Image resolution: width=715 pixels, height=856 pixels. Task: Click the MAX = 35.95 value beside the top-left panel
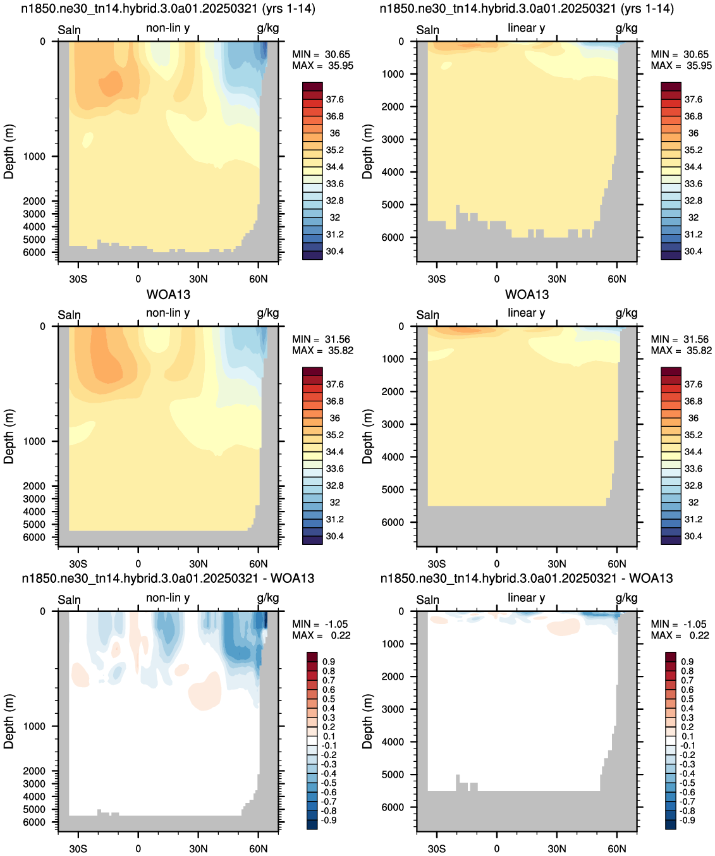click(x=322, y=66)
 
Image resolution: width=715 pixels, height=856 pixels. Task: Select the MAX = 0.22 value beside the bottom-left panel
click(x=321, y=635)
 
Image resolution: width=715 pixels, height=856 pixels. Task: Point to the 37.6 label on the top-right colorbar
click(x=694, y=99)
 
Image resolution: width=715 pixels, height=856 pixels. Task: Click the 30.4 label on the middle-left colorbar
click(x=334, y=536)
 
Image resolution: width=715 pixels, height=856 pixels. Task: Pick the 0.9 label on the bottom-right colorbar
click(x=687, y=661)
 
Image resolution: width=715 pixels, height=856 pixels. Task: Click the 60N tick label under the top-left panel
click(x=259, y=279)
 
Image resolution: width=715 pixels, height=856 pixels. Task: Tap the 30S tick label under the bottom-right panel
click(x=437, y=848)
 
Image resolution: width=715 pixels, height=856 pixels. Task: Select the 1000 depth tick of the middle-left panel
click(x=34, y=441)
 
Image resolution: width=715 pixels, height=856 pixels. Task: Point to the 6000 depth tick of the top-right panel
click(x=393, y=237)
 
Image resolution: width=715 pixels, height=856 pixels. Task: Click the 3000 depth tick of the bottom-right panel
click(x=393, y=709)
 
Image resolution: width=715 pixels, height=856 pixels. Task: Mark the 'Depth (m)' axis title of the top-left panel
click(x=9, y=152)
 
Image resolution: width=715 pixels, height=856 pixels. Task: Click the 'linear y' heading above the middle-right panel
click(x=527, y=313)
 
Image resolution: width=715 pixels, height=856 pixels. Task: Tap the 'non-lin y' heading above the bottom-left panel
click(x=168, y=597)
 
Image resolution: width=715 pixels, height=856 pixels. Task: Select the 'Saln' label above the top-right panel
click(x=427, y=30)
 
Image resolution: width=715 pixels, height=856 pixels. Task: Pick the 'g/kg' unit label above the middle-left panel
click(x=268, y=313)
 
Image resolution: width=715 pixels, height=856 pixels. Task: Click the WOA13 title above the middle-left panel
click(x=169, y=295)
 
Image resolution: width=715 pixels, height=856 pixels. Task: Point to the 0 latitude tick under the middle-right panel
click(x=497, y=564)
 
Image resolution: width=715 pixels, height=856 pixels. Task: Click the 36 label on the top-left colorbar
click(x=334, y=133)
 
